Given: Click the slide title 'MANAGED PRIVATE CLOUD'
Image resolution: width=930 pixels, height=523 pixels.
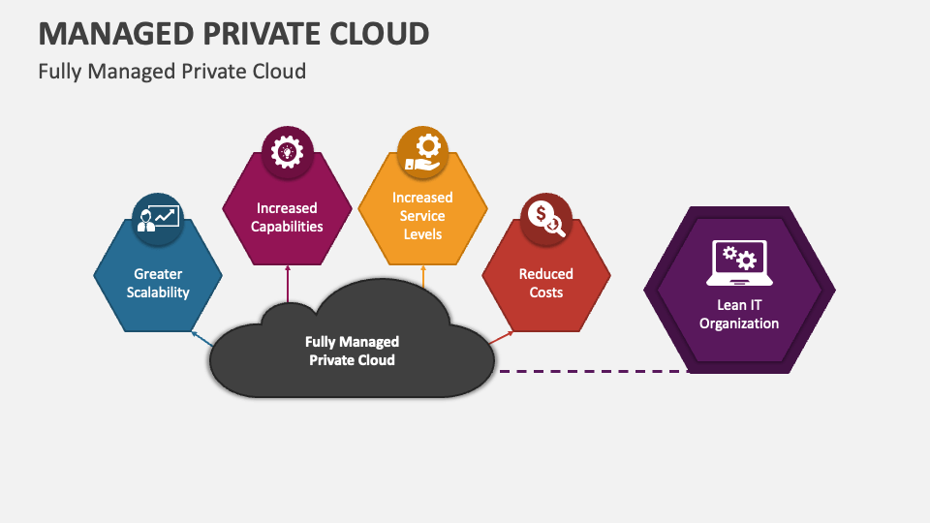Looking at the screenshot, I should [x=233, y=32].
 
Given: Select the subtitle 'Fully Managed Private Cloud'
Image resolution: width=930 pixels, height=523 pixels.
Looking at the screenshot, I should [x=171, y=71].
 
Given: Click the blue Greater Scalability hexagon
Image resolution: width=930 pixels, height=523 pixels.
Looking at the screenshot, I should [x=159, y=291].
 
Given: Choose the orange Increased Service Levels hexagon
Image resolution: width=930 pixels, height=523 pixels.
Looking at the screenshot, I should [x=422, y=232].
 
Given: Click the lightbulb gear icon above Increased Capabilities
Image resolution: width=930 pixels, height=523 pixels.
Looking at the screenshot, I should [x=287, y=150].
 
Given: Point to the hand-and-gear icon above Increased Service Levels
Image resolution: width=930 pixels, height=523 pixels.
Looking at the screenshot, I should [x=422, y=150].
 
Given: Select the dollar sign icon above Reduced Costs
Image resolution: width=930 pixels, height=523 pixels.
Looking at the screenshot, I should [x=545, y=218].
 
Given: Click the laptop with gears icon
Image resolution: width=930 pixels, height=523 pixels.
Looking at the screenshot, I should [x=739, y=262].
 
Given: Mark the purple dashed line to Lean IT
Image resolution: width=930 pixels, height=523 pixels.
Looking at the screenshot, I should [x=591, y=370].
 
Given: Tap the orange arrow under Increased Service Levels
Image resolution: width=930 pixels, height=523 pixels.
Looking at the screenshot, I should [x=423, y=276].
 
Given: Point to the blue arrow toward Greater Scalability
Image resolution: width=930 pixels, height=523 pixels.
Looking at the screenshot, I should [x=201, y=338].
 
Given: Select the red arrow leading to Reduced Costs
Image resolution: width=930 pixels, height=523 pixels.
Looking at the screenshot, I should [x=502, y=336].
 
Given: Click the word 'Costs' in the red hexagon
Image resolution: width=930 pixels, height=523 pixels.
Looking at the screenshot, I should [x=545, y=292].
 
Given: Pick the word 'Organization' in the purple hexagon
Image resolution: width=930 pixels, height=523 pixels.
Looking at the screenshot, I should [x=739, y=323].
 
